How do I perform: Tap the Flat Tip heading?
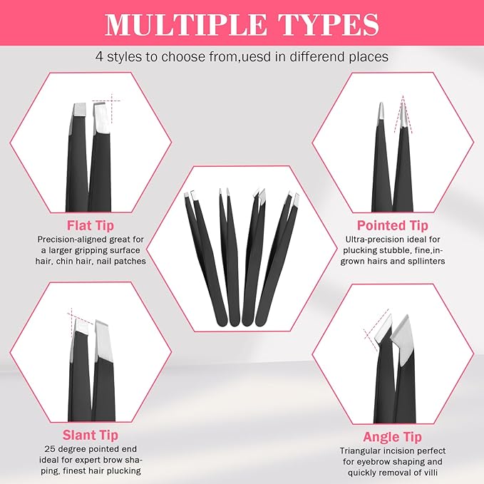pos(83,226)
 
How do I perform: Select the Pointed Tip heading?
pos(401,226)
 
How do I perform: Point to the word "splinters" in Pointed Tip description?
pos(438,262)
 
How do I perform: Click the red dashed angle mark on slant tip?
pos(78,319)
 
